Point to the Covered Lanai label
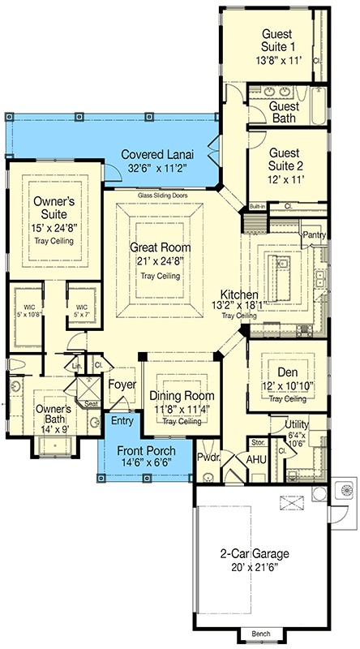158,154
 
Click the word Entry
122,420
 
